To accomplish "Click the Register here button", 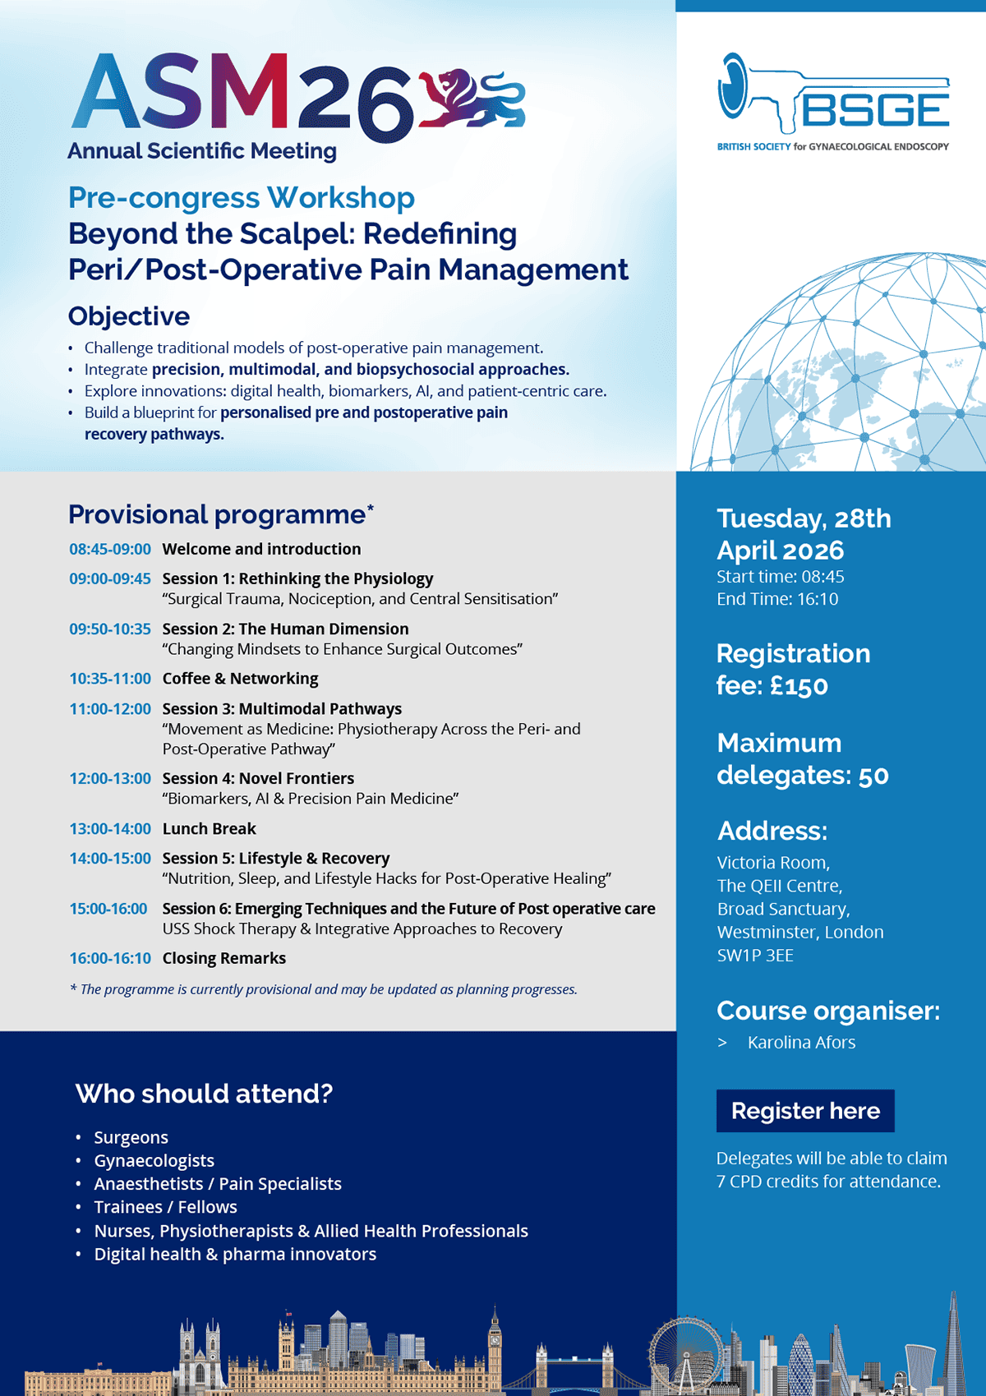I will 805,1111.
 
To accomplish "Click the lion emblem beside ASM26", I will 472,99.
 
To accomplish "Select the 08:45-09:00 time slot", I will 110,549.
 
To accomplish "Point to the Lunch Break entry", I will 209,828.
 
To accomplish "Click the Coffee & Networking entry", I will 240,679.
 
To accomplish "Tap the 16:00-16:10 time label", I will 110,958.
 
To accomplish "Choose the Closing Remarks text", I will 223,958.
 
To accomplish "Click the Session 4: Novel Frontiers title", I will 258,778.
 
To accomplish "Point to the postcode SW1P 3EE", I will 755,956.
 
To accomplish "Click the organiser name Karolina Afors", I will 801,1043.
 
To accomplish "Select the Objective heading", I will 129,316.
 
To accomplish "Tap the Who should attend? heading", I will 204,1094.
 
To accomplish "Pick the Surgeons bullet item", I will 131,1137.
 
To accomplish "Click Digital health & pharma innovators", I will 235,1254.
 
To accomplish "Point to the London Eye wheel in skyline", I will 685,1352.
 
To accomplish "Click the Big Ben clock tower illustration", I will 495,1343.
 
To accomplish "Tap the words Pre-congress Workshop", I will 242,198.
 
